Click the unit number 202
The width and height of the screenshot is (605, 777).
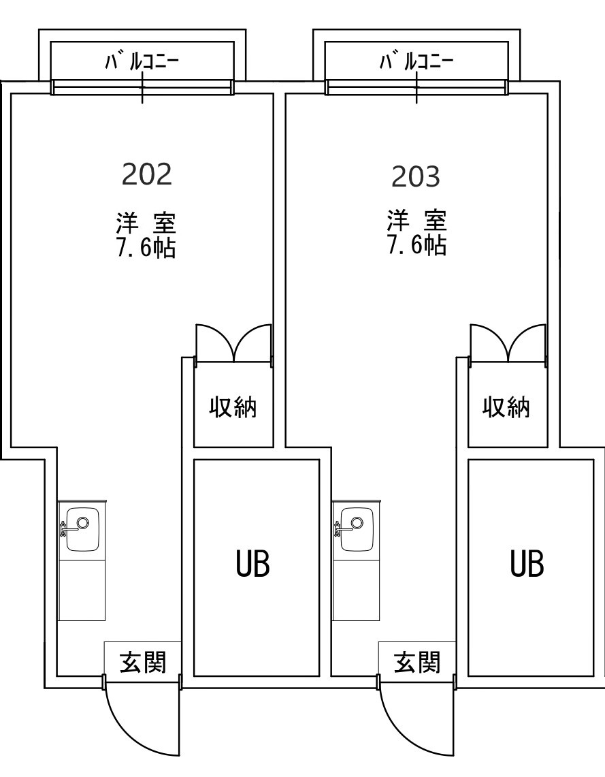(146, 174)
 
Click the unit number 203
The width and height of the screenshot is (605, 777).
(416, 176)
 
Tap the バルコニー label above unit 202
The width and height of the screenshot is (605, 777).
(142, 63)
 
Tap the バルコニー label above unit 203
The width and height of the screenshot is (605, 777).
(416, 63)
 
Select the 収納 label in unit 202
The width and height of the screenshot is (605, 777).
(233, 408)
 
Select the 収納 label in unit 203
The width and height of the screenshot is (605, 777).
(506, 408)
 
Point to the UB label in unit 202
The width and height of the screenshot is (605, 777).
(253, 564)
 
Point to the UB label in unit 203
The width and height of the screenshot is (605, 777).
(527, 564)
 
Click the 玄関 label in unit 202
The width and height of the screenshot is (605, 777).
(143, 661)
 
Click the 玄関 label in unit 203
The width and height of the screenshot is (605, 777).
(417, 661)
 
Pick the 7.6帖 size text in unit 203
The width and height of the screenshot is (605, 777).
(416, 246)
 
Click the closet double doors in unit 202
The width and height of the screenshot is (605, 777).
(233, 343)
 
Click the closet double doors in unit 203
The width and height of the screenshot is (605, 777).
(508, 343)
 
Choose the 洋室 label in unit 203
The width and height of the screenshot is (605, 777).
(416, 221)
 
